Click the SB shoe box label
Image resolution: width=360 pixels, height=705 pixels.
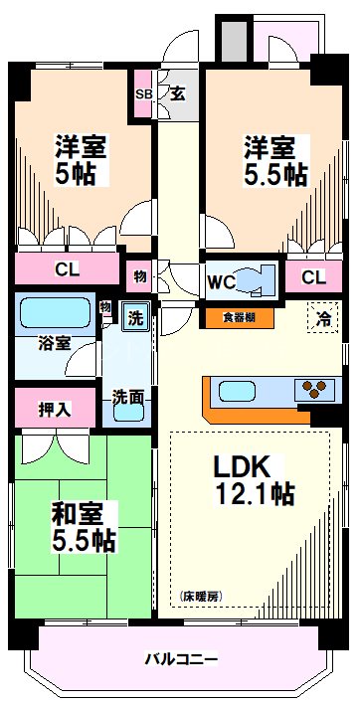click(144, 94)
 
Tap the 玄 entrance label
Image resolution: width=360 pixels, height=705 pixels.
click(178, 94)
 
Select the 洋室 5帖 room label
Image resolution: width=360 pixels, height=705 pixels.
click(81, 160)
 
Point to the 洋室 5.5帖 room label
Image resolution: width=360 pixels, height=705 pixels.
click(275, 160)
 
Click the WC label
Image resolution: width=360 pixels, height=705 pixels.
click(221, 282)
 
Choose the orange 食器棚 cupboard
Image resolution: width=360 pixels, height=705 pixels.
click(240, 317)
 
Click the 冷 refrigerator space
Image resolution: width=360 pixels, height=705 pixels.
click(322, 317)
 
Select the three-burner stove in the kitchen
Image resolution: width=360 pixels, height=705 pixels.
click(315, 389)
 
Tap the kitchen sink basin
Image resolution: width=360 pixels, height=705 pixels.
click(238, 391)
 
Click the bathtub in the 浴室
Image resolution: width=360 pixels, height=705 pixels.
click(56, 313)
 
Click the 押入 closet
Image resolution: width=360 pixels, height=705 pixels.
click(55, 408)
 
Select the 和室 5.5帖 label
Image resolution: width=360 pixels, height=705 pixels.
click(84, 527)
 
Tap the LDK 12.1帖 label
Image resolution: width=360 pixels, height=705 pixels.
click(255, 480)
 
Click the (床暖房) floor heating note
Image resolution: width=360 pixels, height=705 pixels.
click(202, 597)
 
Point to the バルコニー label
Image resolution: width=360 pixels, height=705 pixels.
click(181, 659)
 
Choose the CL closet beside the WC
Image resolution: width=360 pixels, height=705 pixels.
click(313, 277)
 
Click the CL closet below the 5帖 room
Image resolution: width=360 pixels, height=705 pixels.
click(68, 268)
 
